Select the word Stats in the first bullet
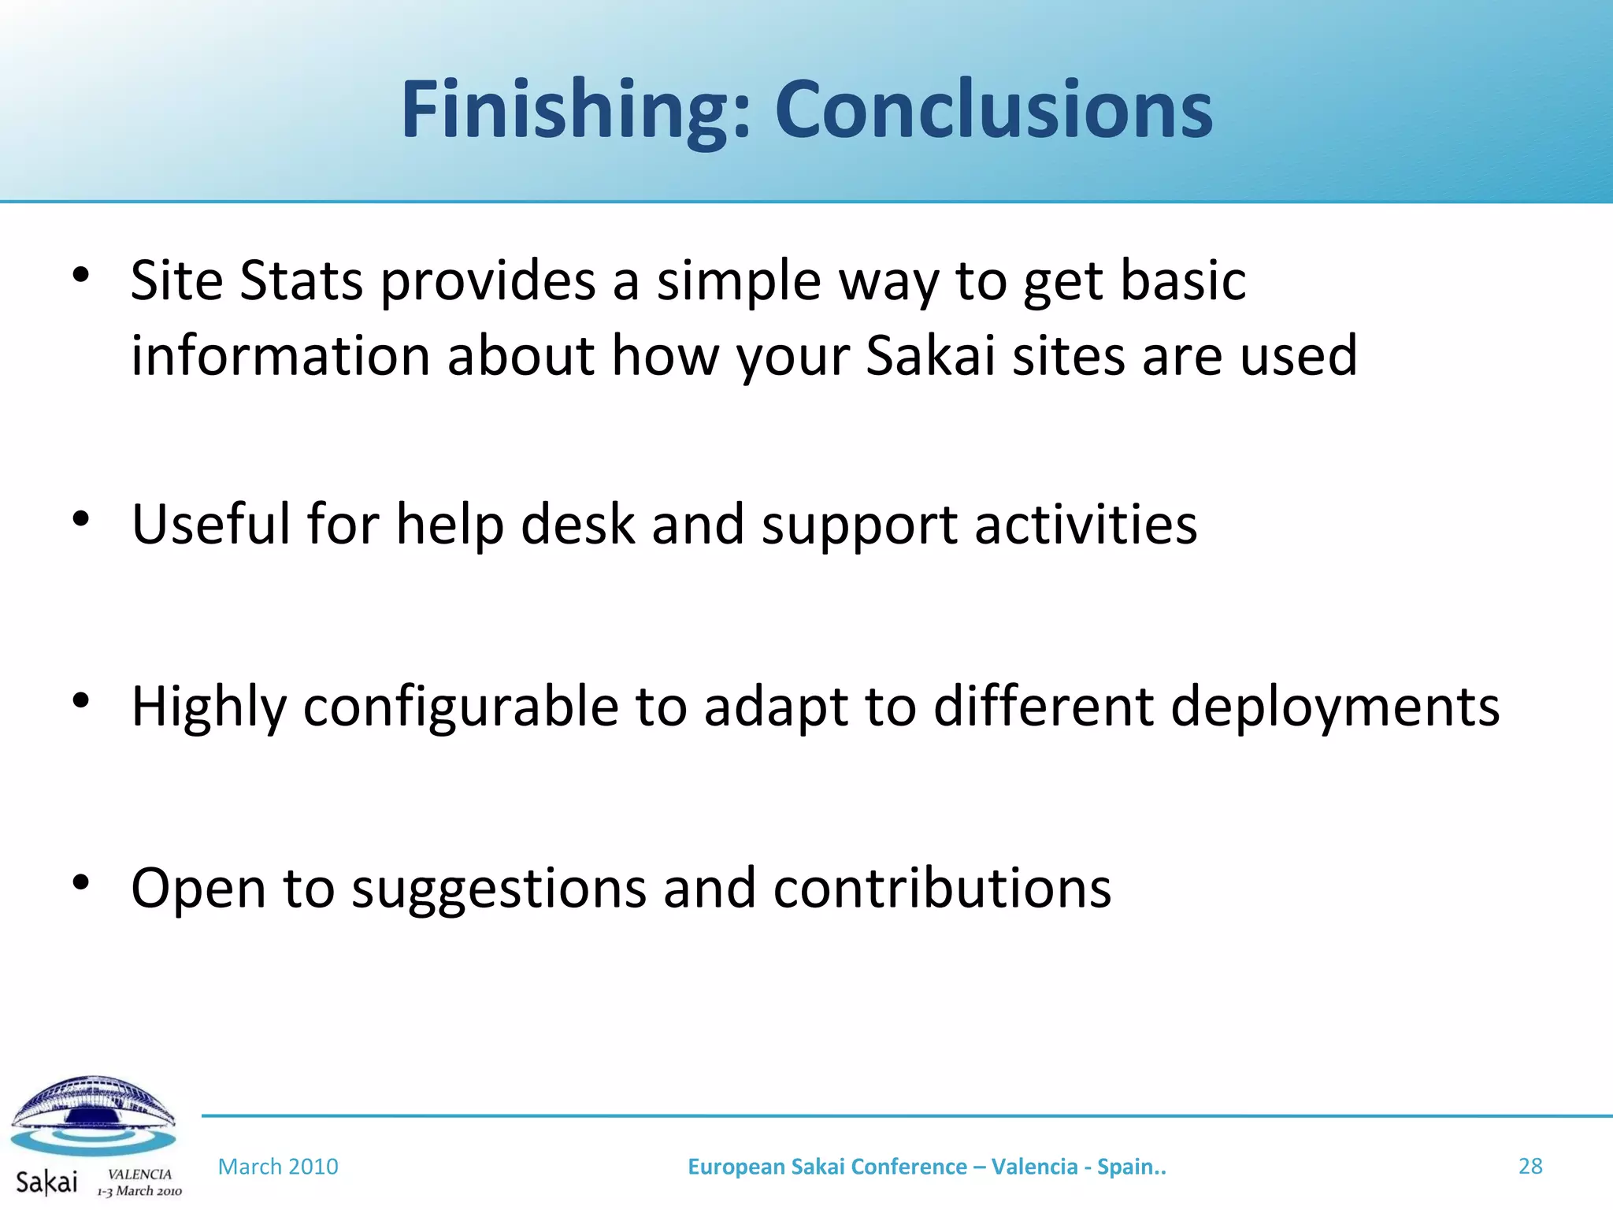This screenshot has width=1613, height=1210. [301, 281]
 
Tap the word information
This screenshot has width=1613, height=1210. [280, 356]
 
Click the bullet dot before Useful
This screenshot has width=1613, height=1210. [81, 519]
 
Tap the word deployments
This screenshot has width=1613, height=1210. [1334, 707]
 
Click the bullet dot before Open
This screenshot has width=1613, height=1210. [81, 883]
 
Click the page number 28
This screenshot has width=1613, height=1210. [1530, 1166]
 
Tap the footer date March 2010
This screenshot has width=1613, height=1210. [278, 1167]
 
